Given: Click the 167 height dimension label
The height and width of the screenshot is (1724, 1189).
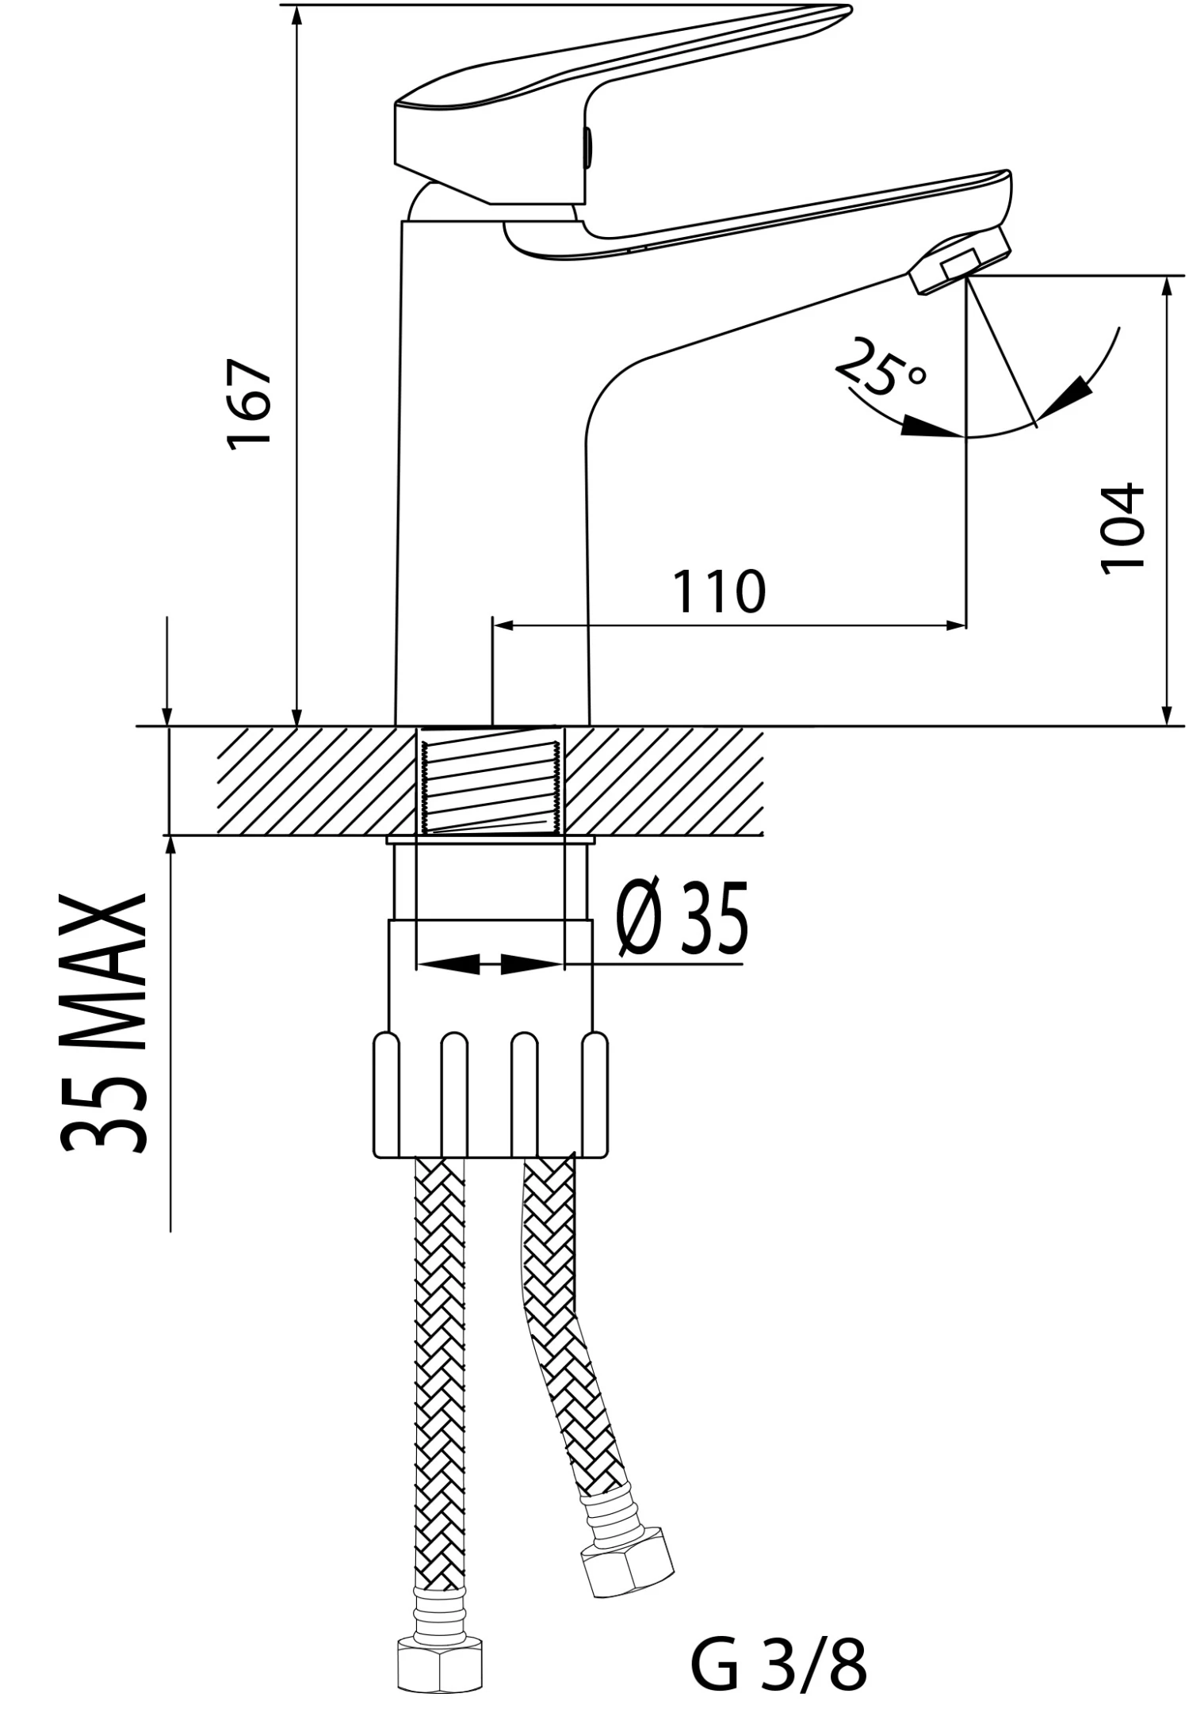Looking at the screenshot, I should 250,404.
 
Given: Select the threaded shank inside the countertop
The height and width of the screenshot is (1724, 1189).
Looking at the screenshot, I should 491,781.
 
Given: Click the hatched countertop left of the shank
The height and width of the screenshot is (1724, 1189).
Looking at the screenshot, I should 309,781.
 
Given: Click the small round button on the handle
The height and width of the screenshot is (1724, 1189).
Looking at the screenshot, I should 587,147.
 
